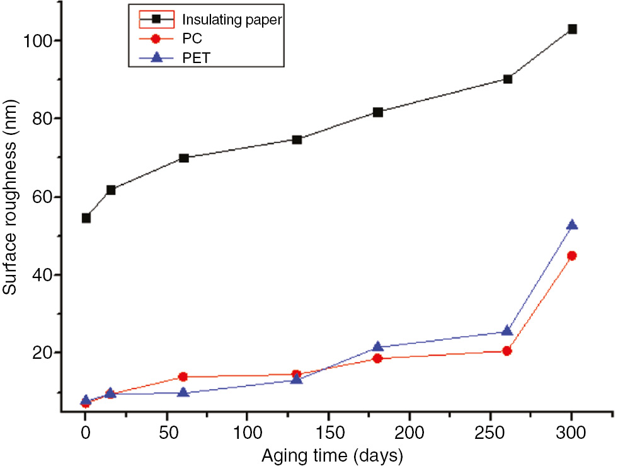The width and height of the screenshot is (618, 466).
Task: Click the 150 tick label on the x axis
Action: pos(328,434)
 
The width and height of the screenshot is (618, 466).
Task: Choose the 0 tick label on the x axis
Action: pos(86,434)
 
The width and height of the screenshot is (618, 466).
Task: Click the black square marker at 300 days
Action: pos(572,29)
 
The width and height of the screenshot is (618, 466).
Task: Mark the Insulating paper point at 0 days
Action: pos(86,218)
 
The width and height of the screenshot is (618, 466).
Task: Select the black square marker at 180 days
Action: pos(377,112)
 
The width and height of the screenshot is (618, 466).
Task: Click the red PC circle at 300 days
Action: pos(572,255)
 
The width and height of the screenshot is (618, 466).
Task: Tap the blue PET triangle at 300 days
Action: pos(572,225)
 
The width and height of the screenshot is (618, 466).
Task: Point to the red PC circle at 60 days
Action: pos(183,376)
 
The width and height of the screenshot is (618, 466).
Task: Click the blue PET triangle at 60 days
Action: pos(183,392)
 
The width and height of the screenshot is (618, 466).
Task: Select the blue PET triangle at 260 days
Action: pos(507,331)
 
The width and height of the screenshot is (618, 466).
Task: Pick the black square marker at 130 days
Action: pos(296,139)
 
